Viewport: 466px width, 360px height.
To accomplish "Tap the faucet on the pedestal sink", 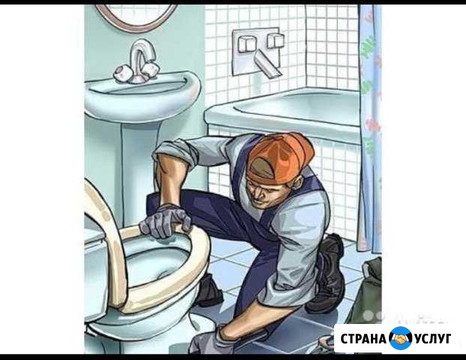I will pyautogui.click(x=139, y=61).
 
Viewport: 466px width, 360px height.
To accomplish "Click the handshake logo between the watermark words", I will pyautogui.click(x=401, y=338).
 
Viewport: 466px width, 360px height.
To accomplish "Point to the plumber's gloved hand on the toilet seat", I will pyautogui.click(x=166, y=221).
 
